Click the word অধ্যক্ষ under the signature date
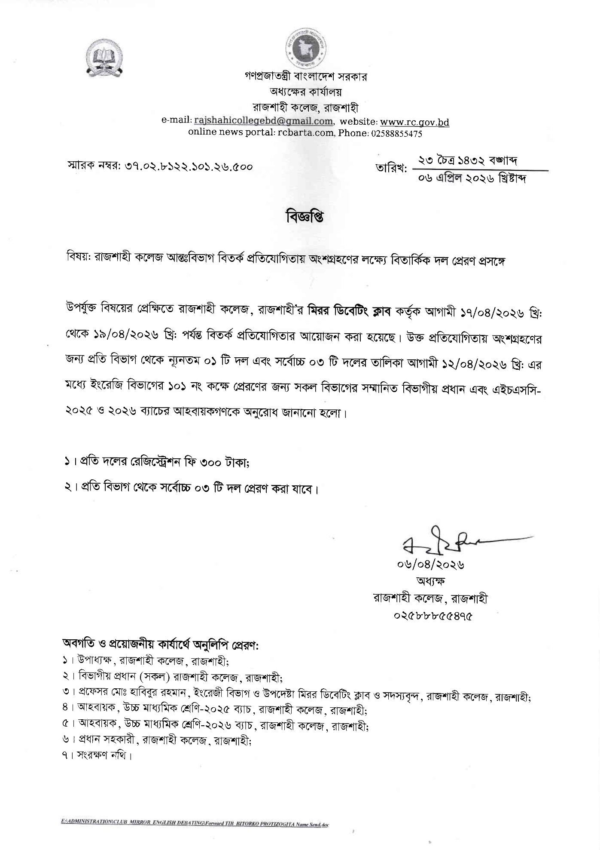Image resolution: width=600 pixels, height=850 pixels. pos(431,581)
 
